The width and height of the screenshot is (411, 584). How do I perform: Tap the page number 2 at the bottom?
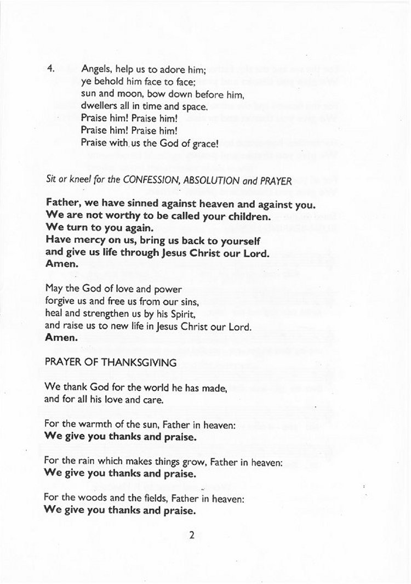(192, 536)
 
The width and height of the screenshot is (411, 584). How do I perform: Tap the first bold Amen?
(61, 264)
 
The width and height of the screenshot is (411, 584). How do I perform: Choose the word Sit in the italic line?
(51, 180)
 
